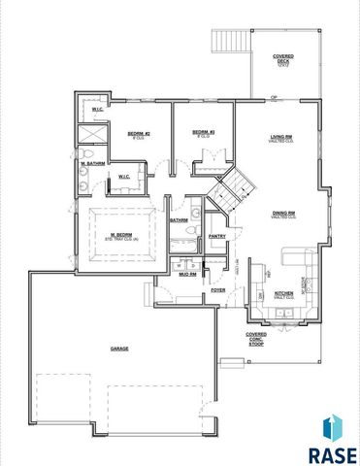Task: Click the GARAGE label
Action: [119, 348]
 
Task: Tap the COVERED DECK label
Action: [283, 60]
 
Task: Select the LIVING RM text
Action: [282, 139]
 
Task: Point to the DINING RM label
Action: [283, 213]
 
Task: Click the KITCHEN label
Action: [283, 292]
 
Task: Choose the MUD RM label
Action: [187, 275]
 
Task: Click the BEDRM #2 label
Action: [138, 133]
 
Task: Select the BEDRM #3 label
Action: [202, 132]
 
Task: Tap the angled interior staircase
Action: [231, 190]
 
